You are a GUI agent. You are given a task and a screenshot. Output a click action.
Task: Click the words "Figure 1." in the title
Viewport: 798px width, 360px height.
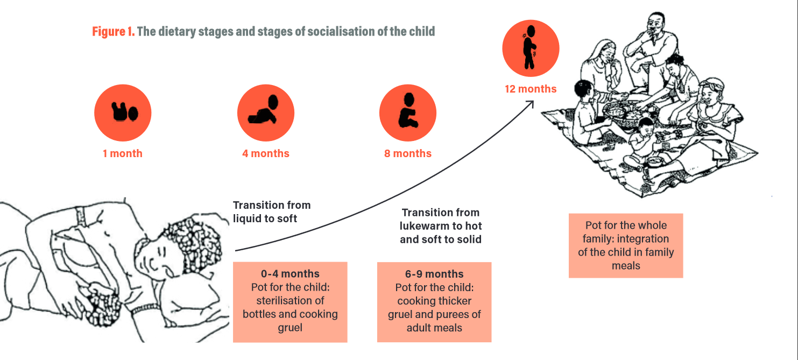click(x=113, y=32)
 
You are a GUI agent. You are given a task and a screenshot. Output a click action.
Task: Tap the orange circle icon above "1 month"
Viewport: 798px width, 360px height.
click(x=123, y=113)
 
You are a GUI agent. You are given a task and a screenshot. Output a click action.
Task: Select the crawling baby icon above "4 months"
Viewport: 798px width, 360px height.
click(x=265, y=113)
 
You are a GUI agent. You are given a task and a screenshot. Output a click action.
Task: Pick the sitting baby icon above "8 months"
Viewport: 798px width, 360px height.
click(x=407, y=113)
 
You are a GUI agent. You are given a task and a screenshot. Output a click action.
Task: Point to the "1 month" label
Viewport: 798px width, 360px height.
click(x=123, y=154)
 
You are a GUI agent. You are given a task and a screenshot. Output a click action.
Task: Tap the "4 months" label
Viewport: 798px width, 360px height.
click(x=265, y=154)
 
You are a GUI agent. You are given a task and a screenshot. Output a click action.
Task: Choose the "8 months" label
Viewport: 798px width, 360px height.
click(x=407, y=154)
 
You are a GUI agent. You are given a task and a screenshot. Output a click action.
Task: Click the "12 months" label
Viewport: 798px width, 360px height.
click(x=531, y=89)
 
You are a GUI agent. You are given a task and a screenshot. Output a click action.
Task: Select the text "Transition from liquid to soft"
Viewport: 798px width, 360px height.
click(x=272, y=211)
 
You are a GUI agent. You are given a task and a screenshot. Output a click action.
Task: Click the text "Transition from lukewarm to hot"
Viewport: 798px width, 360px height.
click(x=440, y=219)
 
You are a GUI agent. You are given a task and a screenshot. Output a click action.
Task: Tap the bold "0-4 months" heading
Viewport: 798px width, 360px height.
click(x=290, y=274)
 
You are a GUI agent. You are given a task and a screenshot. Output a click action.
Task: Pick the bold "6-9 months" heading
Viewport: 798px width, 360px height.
click(x=434, y=274)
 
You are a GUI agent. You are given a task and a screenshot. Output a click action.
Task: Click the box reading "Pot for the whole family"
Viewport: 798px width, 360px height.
click(x=625, y=245)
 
